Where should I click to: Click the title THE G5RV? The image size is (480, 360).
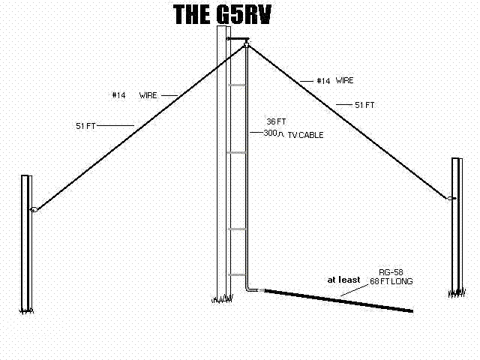click(222, 14)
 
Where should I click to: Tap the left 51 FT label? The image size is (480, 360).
click(85, 126)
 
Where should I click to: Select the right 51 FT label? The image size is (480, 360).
click(364, 105)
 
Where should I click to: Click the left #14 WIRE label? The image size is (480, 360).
click(134, 95)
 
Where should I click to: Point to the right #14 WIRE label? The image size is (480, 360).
click(335, 80)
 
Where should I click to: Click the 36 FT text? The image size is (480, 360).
click(276, 121)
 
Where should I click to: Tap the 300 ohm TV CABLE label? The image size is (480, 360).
click(293, 133)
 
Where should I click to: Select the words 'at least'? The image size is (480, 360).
click(343, 280)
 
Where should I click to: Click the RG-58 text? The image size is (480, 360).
click(391, 272)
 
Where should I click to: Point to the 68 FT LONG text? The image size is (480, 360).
click(391, 281)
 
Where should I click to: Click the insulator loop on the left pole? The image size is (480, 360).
click(34, 210)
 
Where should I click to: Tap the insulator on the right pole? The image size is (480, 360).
click(451, 198)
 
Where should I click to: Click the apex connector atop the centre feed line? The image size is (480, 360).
click(246, 45)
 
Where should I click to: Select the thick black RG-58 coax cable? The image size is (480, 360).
click(338, 301)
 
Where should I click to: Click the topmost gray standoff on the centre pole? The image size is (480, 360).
click(237, 85)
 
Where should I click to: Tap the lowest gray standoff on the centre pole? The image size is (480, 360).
click(237, 275)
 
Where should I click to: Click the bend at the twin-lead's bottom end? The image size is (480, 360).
click(247, 289)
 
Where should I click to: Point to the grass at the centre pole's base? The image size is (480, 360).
click(222, 298)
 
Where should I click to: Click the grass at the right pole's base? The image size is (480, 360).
click(457, 293)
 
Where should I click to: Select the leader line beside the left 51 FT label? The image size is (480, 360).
click(115, 125)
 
